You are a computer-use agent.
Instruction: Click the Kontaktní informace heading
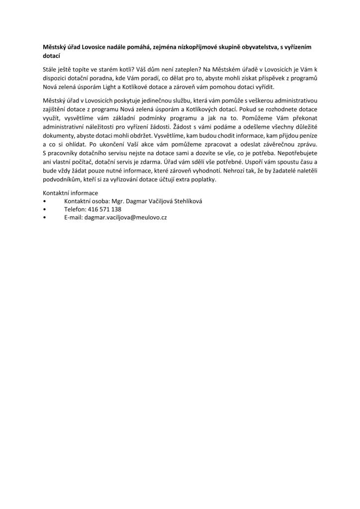(x=71, y=193)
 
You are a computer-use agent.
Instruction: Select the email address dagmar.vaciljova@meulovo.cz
(x=126, y=218)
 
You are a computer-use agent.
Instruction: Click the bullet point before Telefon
(x=45, y=209)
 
